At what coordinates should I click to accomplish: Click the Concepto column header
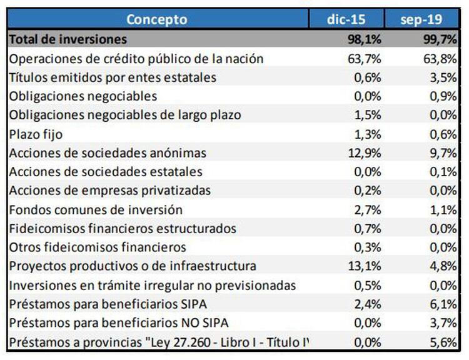point(156,19)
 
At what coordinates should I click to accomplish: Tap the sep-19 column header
point(421,19)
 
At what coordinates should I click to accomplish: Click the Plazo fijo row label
point(36,134)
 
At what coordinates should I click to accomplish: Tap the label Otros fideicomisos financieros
point(98,247)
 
